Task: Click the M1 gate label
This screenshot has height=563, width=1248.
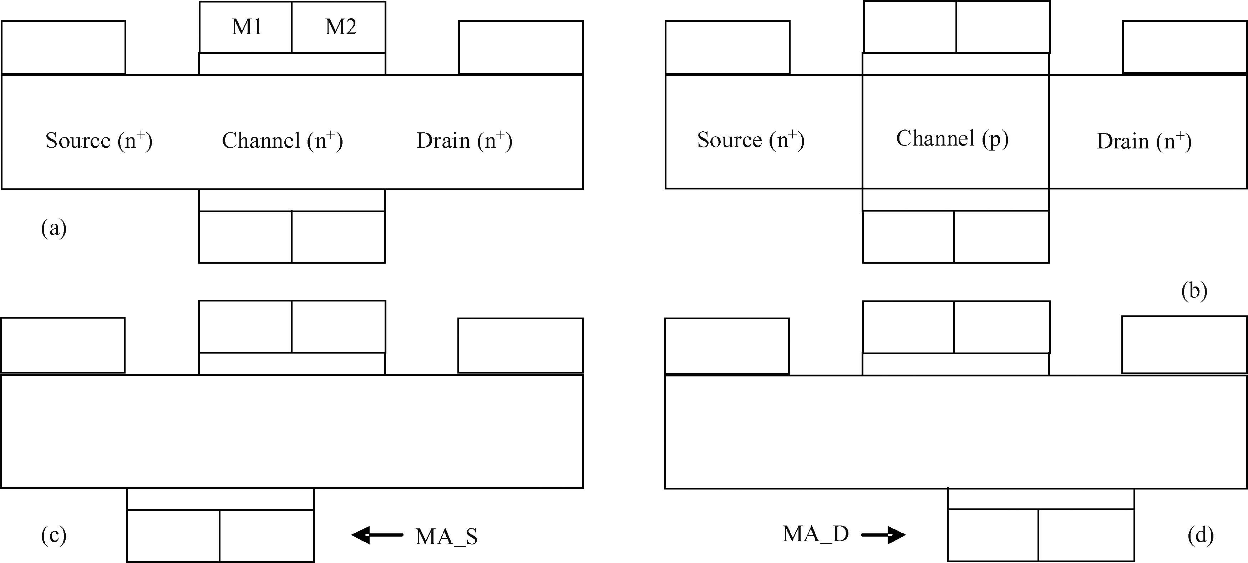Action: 247,27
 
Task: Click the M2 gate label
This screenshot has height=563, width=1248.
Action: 341,27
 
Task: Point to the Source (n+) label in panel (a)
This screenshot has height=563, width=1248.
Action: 99,141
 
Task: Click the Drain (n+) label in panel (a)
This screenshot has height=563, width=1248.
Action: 464,141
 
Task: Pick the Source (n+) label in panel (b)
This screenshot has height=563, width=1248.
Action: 750,140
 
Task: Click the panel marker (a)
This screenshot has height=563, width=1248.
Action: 54,228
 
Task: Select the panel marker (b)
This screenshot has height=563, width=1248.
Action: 1194,291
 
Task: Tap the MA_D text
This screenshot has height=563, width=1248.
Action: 816,534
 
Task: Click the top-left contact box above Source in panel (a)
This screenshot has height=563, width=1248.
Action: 64,47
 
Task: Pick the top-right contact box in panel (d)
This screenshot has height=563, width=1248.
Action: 1184,345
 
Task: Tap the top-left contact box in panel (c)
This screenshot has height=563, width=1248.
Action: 62,345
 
